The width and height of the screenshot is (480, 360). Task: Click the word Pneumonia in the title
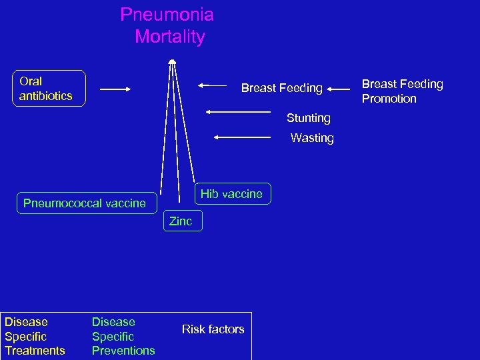(x=167, y=15)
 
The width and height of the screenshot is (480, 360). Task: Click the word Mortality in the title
(x=169, y=37)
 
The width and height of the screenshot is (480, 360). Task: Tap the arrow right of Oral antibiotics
(x=115, y=89)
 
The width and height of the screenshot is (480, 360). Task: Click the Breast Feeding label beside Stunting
(x=281, y=88)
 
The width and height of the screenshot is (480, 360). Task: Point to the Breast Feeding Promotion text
(x=402, y=91)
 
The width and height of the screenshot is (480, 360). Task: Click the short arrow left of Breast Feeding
(x=213, y=85)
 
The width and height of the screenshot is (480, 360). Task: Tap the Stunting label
(x=308, y=118)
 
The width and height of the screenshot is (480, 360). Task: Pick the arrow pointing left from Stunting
(x=238, y=112)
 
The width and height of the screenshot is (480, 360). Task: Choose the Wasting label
(x=312, y=138)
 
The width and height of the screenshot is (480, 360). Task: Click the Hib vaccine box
(x=232, y=194)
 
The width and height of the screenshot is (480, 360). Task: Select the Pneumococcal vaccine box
(x=85, y=203)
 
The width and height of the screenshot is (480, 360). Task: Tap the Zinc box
(x=181, y=221)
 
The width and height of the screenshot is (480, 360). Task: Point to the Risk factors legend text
(x=213, y=329)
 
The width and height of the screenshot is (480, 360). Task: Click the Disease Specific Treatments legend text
(x=35, y=336)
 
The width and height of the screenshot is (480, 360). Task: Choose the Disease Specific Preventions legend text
(x=123, y=336)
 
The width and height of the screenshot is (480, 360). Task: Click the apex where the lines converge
(x=172, y=61)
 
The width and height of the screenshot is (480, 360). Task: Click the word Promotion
(x=389, y=99)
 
